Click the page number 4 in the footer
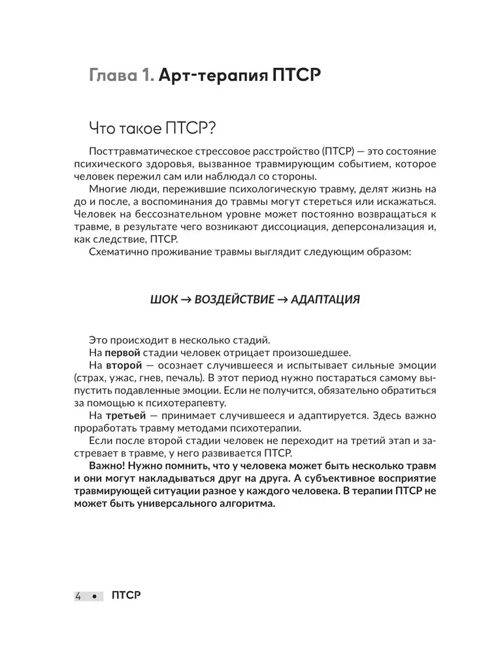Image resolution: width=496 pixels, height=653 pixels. pos(78,596)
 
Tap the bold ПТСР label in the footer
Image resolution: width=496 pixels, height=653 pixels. pos(126,596)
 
